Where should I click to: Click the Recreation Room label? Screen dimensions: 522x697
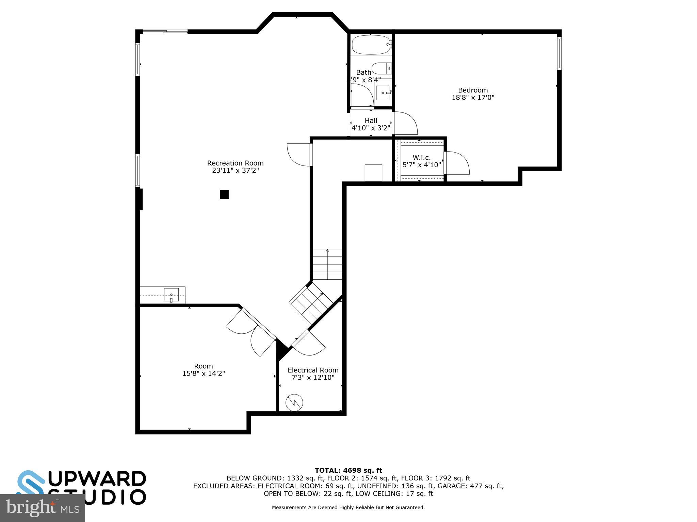[x=235, y=163]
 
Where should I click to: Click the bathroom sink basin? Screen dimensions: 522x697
[x=383, y=93]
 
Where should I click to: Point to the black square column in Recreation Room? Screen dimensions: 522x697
[x=224, y=194]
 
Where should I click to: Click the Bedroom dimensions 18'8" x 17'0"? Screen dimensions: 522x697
[x=473, y=98]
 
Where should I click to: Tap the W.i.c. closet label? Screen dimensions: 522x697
[x=421, y=158]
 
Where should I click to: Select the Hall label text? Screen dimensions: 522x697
[x=371, y=121]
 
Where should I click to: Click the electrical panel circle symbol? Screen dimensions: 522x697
[x=294, y=403]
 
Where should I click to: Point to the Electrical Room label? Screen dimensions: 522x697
[x=313, y=370]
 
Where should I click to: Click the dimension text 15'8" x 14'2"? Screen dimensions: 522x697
[x=204, y=373]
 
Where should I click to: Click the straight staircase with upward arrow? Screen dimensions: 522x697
[x=327, y=264]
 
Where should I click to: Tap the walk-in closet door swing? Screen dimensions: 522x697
[x=457, y=163]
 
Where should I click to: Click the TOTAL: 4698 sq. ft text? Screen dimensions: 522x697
[x=348, y=470]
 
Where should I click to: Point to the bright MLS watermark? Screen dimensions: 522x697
[x=42, y=508]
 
